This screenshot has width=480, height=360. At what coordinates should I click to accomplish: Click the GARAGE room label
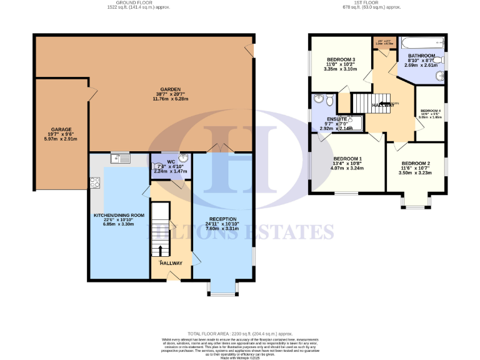pyautogui.click(x=61, y=129)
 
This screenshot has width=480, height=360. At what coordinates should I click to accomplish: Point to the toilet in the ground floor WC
pyautogui.click(x=156, y=166)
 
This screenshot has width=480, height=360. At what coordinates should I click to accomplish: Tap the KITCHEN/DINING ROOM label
pyautogui.click(x=119, y=215)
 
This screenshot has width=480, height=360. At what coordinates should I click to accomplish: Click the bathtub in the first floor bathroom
pyautogui.click(x=422, y=44)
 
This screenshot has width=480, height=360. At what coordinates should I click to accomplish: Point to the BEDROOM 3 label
pyautogui.click(x=341, y=59)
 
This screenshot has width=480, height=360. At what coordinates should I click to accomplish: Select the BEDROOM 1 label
pyautogui.click(x=347, y=159)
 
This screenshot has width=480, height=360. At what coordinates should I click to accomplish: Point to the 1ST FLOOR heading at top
pyautogui.click(x=363, y=3)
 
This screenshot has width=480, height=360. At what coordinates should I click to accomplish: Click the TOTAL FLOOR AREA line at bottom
pyautogui.click(x=240, y=334)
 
